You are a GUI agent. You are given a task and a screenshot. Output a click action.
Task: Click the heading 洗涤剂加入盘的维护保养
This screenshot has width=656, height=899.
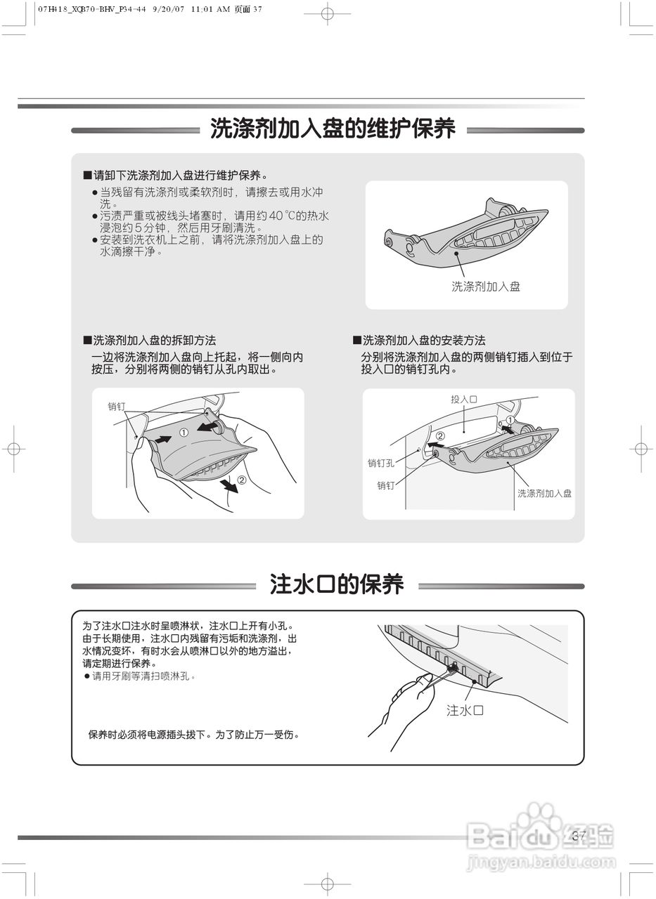[333, 129]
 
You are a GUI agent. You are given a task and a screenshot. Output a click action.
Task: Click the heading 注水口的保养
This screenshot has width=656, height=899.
[337, 585]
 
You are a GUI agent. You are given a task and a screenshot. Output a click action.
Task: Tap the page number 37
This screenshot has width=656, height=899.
[579, 836]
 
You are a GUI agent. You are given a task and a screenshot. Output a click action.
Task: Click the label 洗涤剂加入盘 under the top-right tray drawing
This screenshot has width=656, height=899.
[485, 287]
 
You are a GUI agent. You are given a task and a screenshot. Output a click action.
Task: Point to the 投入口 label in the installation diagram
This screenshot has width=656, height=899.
[464, 399]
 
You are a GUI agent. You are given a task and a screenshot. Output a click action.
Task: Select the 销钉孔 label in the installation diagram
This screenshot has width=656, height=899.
[380, 463]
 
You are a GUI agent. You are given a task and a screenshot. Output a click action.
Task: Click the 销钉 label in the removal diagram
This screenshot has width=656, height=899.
[117, 407]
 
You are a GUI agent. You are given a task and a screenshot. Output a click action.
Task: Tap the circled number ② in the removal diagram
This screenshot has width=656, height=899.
[241, 480]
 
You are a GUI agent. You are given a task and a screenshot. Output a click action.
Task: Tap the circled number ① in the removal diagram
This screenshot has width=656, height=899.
[184, 433]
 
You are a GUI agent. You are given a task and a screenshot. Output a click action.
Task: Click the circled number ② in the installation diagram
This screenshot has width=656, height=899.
[440, 435]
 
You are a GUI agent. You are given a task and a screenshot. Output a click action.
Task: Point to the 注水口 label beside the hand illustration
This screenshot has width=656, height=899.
[465, 711]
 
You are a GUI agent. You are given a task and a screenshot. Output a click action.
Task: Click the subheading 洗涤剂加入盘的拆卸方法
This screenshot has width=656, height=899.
[154, 341]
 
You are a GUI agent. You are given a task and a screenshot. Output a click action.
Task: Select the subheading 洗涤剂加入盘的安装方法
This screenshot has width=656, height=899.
[423, 341]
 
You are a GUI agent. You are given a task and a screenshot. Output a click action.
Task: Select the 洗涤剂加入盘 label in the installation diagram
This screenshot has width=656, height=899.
[544, 494]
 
